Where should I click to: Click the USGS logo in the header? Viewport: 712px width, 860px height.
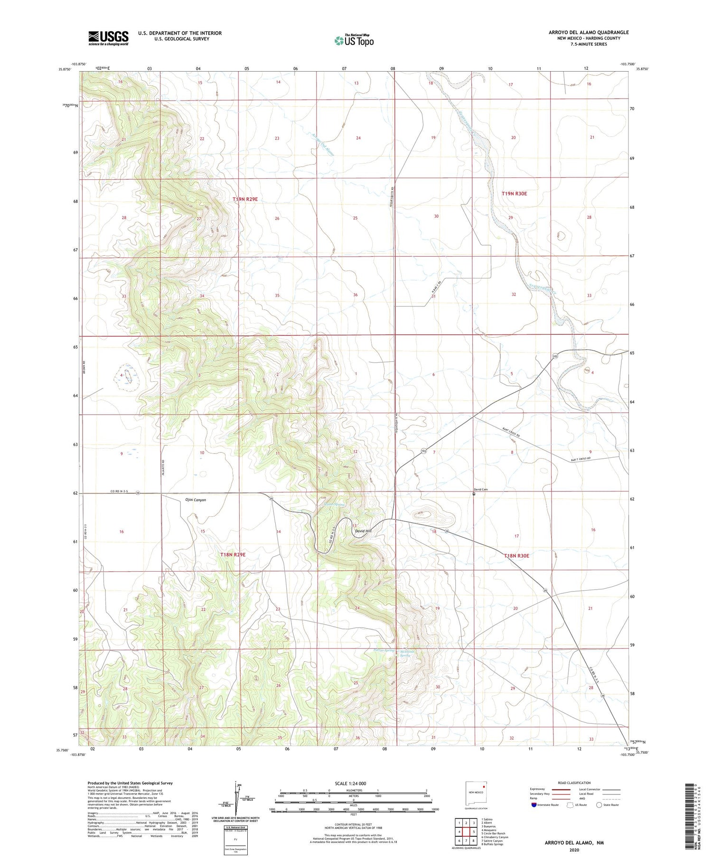tap(108, 38)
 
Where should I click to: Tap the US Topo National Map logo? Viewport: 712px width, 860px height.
tap(354, 40)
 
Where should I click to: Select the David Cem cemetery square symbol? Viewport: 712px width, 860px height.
tap(474, 494)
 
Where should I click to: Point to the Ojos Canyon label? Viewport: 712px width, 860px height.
tap(195, 500)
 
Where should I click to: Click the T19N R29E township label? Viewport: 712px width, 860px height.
tap(245, 200)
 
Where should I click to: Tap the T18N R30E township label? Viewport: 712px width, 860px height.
tap(516, 555)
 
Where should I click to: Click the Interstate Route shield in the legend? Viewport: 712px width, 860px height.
tap(534, 805)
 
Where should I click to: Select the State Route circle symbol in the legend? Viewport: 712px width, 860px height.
tap(600, 805)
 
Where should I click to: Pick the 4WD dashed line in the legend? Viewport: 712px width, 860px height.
tap(612, 799)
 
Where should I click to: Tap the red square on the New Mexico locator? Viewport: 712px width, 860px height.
tap(483, 785)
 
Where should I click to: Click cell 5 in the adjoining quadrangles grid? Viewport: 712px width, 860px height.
tap(474, 832)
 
